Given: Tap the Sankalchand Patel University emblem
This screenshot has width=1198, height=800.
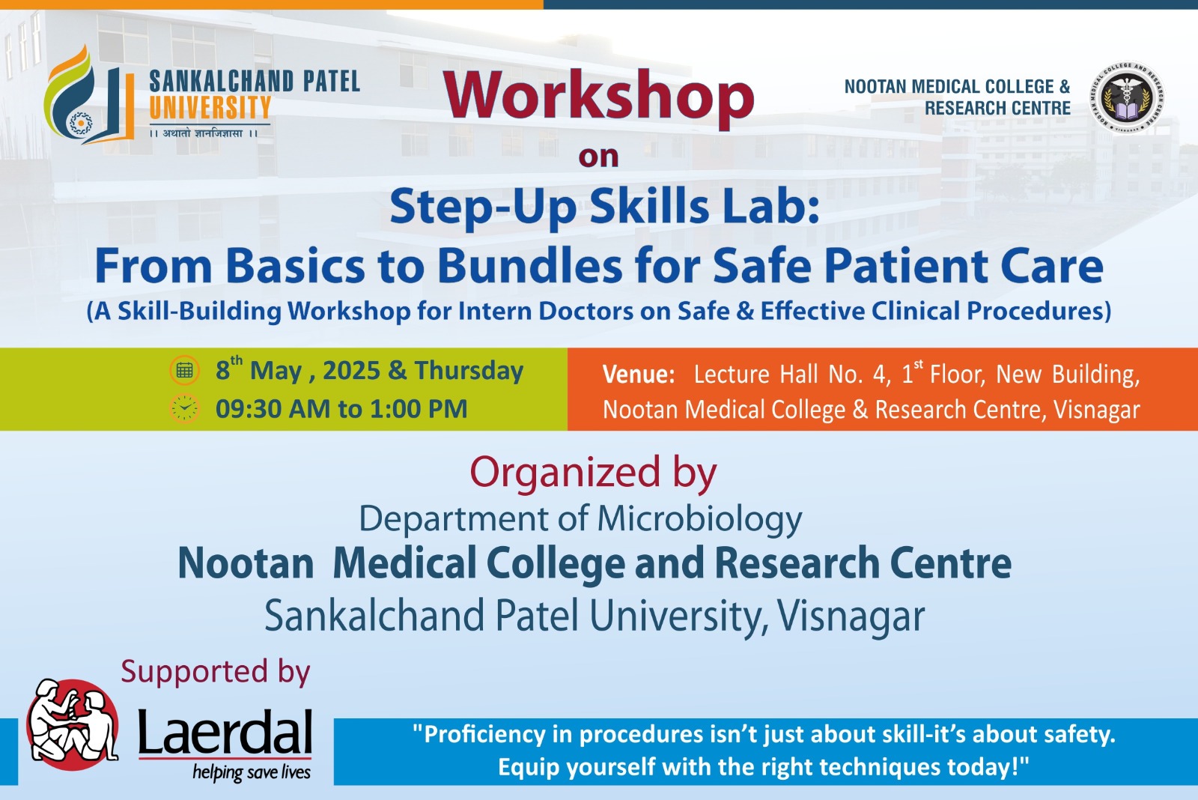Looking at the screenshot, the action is [x=89, y=94].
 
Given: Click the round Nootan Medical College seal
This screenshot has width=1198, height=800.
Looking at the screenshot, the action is [x=1128, y=97].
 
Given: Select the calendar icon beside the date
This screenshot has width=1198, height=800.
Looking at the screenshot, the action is [x=184, y=370].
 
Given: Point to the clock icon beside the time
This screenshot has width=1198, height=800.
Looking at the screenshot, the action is [x=184, y=409].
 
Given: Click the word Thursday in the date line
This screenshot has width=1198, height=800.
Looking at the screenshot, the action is [x=469, y=371].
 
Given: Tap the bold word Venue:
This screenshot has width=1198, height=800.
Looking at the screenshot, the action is [x=639, y=374].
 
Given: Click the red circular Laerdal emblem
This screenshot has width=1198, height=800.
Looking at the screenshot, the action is [x=73, y=724].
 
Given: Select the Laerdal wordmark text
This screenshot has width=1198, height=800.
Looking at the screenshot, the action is [x=225, y=732].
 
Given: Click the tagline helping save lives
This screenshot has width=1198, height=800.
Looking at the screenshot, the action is [x=252, y=772].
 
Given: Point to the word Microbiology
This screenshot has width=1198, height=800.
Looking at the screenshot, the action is [x=699, y=520].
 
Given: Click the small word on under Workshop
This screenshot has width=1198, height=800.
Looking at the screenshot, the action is [x=598, y=157].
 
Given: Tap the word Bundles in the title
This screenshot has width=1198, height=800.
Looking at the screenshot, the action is [x=530, y=266].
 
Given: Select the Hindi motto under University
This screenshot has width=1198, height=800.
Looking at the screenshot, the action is [x=203, y=133].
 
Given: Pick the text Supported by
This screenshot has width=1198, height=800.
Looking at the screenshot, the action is [x=216, y=672].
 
